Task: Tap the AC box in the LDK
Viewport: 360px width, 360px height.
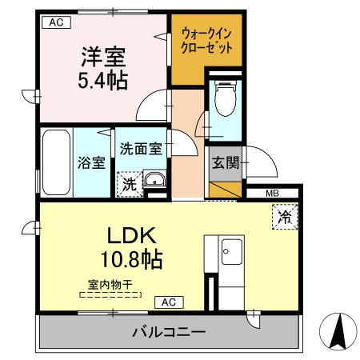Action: click(169, 302)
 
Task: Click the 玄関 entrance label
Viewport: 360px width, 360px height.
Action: click(224, 162)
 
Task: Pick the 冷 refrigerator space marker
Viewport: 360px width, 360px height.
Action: click(284, 215)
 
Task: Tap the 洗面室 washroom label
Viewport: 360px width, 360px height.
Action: click(141, 148)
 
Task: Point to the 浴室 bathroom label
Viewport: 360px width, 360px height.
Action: click(91, 162)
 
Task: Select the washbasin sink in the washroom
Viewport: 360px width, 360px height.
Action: click(154, 179)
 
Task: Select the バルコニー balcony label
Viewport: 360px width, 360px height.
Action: click(169, 331)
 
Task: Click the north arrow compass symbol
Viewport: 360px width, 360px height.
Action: click(337, 330)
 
